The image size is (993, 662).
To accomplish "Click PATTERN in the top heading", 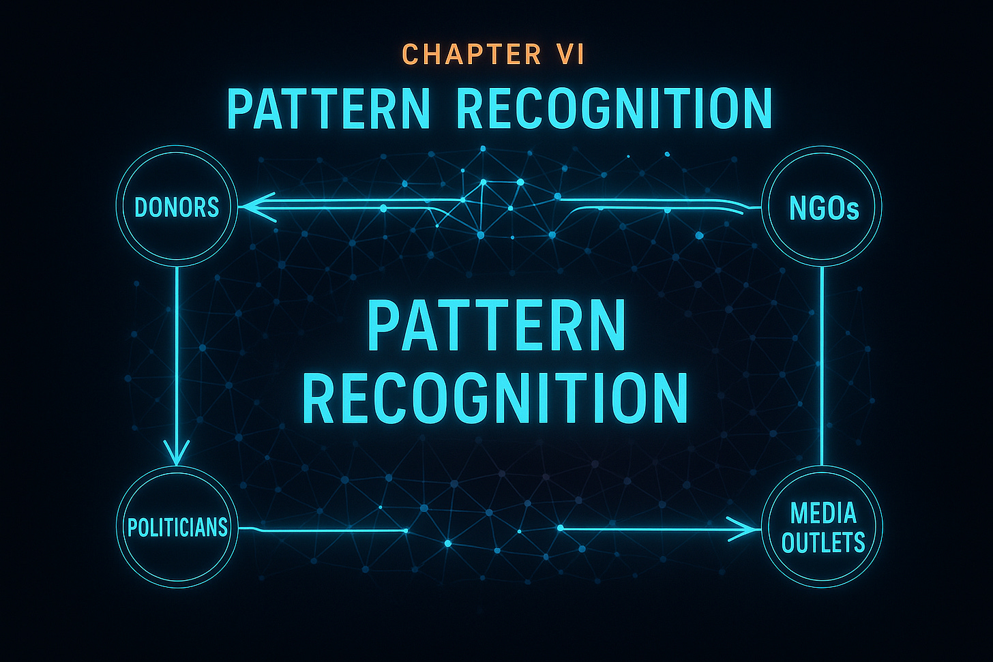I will point(329,109).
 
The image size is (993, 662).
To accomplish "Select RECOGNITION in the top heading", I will point(613,109).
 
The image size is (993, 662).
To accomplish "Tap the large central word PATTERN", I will point(496,327).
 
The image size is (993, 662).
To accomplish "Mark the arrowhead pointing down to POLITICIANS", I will point(177,453).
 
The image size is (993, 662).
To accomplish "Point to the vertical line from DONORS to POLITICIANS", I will point(177,355).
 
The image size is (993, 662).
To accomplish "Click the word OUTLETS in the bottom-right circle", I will point(823,543).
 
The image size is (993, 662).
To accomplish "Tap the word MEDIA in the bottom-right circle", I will point(822,513).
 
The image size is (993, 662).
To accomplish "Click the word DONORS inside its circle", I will point(177,207).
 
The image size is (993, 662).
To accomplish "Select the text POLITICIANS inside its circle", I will point(177,528).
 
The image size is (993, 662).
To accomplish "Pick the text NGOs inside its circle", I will point(823,208).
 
